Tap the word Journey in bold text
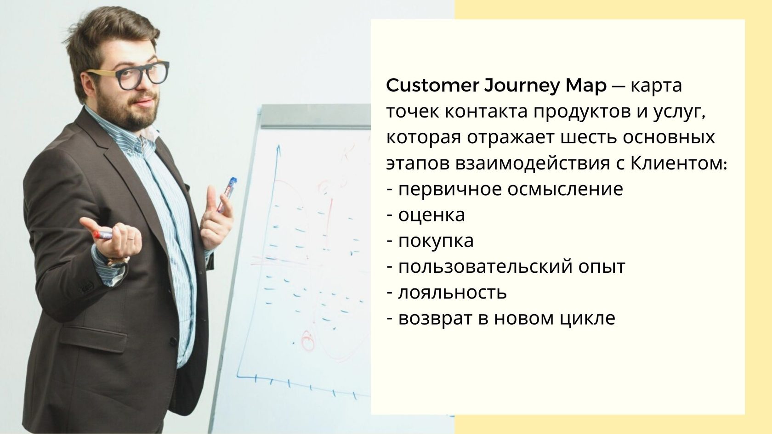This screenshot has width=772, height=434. click(522, 86)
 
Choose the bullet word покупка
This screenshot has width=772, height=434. click(436, 241)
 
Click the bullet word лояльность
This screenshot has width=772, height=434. click(453, 293)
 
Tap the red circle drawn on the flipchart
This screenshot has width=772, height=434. click(308, 341)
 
